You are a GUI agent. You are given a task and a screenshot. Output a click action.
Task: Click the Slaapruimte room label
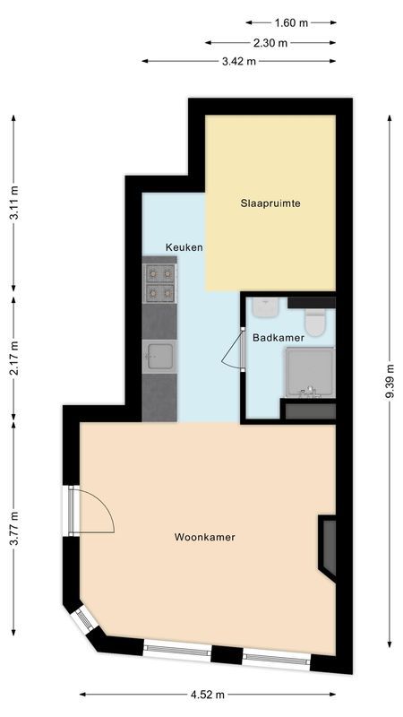click(x=270, y=203)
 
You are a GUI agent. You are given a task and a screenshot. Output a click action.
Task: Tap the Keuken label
click(x=184, y=247)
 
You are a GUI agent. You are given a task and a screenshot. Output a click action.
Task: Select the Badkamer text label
click(x=278, y=338)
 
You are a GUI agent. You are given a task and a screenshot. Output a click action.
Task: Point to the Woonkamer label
click(x=204, y=538)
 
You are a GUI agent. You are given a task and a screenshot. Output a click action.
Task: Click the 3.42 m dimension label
click(x=238, y=61)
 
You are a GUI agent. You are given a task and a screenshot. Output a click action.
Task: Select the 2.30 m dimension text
click(x=270, y=42)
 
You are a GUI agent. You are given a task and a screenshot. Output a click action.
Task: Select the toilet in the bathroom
click(x=315, y=320)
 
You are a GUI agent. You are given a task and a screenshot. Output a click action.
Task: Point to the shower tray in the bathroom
click(x=309, y=372)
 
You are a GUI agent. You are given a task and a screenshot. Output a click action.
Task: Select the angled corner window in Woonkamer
click(x=84, y=619)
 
